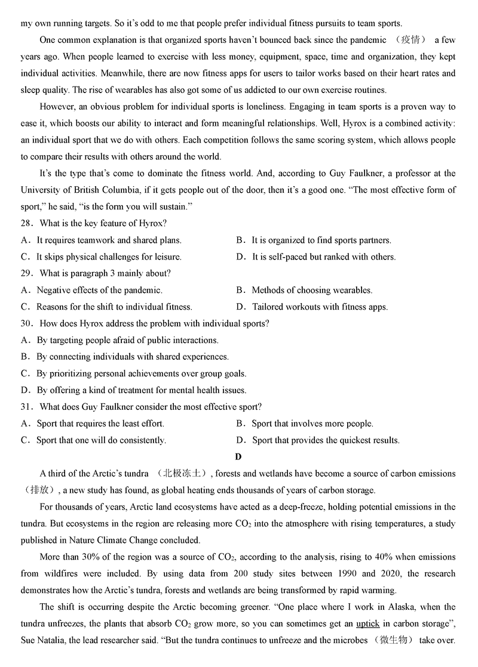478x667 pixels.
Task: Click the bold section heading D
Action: [x=238, y=457]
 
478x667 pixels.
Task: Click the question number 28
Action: [x=26, y=223]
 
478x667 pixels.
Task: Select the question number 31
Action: [x=26, y=407]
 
